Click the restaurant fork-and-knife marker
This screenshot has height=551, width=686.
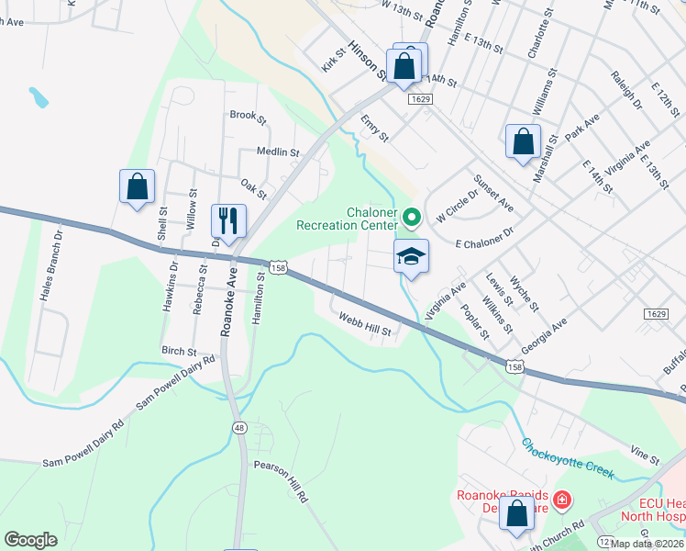(x=227, y=220)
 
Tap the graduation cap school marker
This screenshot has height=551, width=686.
(x=412, y=257)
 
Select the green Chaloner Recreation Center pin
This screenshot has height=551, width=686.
(x=412, y=218)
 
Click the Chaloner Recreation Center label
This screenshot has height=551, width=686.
(x=348, y=218)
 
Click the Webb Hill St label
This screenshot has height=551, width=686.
(x=365, y=324)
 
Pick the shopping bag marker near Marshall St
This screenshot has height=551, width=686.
(x=523, y=142)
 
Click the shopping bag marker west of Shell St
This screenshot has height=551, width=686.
(x=137, y=186)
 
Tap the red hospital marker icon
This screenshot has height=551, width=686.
(x=561, y=501)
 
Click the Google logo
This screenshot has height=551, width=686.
(x=30, y=539)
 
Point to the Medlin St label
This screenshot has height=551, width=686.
(x=278, y=152)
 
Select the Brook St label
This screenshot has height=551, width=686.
(x=248, y=117)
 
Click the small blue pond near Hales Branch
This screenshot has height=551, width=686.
(x=38, y=96)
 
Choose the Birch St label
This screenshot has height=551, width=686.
(x=179, y=351)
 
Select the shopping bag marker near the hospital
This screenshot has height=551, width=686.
(x=516, y=515)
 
